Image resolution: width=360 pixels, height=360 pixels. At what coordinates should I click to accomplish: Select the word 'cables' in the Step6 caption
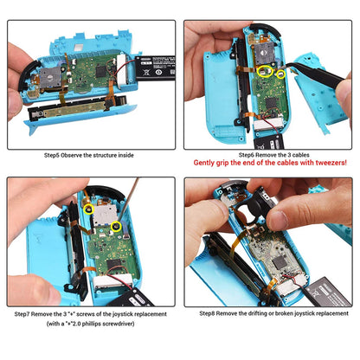[x=298, y=153]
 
